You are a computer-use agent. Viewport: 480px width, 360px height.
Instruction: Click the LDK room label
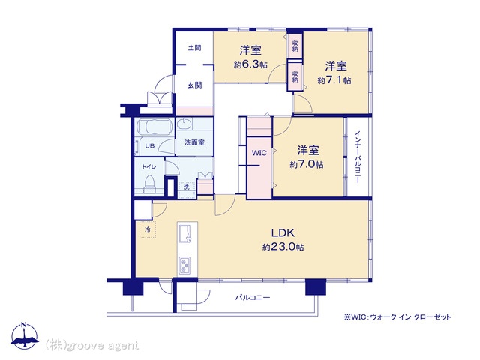(x=283, y=233)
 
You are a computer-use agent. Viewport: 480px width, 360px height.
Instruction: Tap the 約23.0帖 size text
(x=283, y=247)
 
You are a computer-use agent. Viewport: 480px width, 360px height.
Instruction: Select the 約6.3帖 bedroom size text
(x=250, y=64)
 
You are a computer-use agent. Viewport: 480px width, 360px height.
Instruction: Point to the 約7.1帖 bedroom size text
(x=334, y=80)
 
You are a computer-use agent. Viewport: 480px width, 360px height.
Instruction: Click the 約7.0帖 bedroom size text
(x=307, y=165)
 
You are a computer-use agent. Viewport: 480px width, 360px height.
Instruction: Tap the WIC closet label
(x=259, y=153)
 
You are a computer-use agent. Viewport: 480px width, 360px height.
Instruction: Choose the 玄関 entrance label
(x=195, y=85)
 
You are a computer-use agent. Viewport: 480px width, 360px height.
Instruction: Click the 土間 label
(x=195, y=48)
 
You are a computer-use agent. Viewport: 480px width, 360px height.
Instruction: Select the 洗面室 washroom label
(x=195, y=142)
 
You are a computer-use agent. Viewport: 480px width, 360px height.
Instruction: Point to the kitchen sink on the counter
(x=185, y=233)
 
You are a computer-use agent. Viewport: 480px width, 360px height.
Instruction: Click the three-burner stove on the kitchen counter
(x=184, y=265)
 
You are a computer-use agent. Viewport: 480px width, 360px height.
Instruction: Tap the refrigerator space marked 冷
(x=148, y=229)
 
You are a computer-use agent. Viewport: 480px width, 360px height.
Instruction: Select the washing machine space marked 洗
(x=187, y=187)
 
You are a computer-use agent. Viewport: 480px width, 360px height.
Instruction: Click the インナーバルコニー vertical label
(x=358, y=157)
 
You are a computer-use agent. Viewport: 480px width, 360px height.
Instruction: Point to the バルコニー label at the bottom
(x=253, y=298)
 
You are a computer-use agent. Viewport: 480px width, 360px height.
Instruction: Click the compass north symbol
(x=25, y=335)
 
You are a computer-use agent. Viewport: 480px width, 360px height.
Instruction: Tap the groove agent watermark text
(x=92, y=345)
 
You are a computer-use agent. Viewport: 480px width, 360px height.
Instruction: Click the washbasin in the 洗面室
(x=184, y=124)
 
